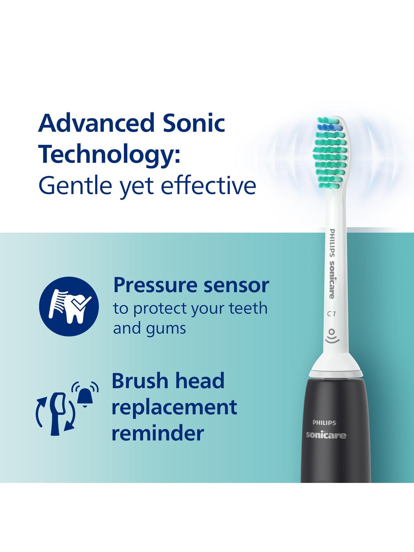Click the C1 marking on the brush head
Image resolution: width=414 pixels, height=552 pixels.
coord(331,314)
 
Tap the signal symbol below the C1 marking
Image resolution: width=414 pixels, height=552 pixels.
coord(331,336)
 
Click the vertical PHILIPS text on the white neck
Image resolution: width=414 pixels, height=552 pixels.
coord(333,244)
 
